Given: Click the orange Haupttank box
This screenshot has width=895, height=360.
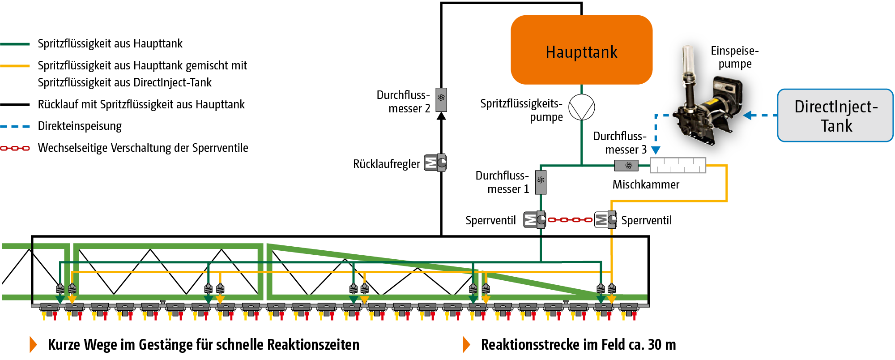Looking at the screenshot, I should (581, 50).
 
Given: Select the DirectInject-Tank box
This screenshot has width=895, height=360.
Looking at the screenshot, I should (835, 116).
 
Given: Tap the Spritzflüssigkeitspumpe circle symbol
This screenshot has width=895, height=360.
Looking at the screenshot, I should (581, 107).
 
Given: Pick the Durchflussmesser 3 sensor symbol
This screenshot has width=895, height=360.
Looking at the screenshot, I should (626, 166).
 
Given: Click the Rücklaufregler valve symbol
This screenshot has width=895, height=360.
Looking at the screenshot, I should (435, 163).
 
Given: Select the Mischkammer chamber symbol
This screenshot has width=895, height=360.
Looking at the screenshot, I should (678, 165).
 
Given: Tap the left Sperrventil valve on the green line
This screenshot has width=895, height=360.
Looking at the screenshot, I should (535, 219).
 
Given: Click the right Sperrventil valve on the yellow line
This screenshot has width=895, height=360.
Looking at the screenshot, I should (605, 219).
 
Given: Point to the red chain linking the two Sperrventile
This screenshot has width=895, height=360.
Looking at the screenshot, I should (570, 220).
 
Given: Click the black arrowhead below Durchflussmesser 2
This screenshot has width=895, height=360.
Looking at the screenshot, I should (441, 116).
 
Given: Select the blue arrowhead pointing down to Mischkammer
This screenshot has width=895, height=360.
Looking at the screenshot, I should (656, 150).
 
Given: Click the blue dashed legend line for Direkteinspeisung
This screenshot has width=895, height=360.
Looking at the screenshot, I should (15, 126).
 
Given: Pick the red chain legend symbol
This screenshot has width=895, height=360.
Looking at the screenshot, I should (15, 148).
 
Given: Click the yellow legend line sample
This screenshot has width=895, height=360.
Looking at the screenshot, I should (15, 66).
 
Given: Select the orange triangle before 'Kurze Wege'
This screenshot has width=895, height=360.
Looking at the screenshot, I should (33, 344).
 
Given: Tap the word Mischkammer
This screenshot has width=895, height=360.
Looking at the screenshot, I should (646, 184).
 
